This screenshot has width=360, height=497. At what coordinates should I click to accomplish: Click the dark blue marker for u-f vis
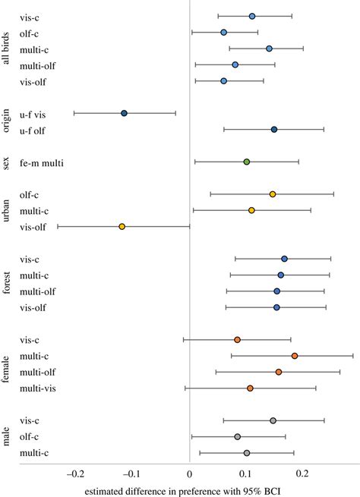click(124, 113)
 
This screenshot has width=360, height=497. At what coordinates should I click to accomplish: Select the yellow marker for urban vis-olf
click(122, 226)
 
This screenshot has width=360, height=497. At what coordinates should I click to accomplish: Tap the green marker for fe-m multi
click(246, 162)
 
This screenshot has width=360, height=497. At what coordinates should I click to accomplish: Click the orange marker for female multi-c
click(295, 356)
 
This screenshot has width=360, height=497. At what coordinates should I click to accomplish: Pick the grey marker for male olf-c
click(238, 437)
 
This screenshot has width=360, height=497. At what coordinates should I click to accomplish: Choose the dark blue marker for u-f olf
click(274, 130)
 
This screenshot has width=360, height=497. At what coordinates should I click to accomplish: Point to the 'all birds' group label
click(7, 49)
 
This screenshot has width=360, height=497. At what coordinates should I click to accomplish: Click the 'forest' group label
click(7, 283)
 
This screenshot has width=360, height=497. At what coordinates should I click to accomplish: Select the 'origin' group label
click(7, 121)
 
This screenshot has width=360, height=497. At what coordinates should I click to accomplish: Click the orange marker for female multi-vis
click(250, 388)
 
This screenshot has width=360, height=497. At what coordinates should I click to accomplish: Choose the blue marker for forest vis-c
click(284, 259)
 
